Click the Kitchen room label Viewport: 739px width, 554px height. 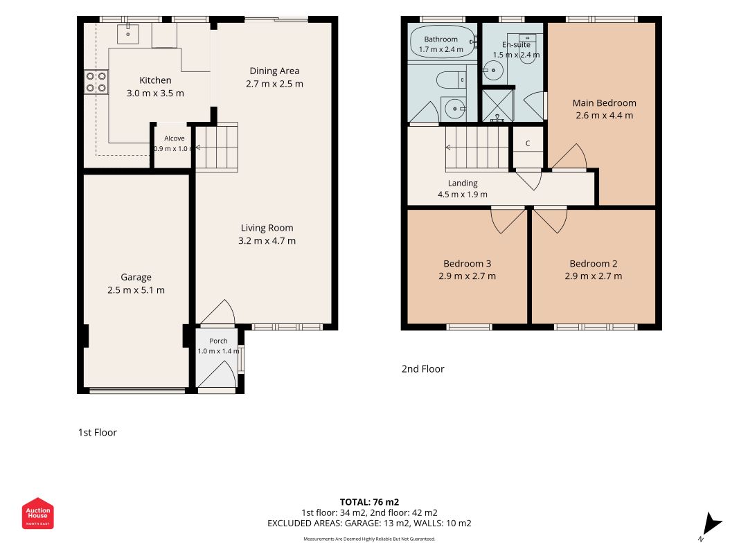coord(155,80)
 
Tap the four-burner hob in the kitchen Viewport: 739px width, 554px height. coord(96,82)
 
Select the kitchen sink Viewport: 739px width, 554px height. coord(127,33)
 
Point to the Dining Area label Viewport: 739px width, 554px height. coord(274,71)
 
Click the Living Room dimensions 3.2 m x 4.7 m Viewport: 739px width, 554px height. coord(267,241)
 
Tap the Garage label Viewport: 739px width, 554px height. coord(136,277)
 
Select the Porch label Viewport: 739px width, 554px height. coord(218,341)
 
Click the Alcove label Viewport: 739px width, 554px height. coord(175,138)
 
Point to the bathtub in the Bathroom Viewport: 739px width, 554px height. coord(442,42)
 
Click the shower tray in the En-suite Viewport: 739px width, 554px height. coord(497,105)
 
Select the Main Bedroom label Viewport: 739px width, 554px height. coord(604,102)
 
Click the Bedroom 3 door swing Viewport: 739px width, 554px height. coord(508,220)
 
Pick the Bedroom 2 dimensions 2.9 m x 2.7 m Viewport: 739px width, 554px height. coord(594,276)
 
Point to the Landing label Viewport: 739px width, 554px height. coord(463,183)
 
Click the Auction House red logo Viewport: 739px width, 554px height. coord(37,513)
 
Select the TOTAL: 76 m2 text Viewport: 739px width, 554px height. coord(370,501)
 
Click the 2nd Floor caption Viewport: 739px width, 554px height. coord(422,369)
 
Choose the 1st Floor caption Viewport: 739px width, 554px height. coord(97,432)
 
